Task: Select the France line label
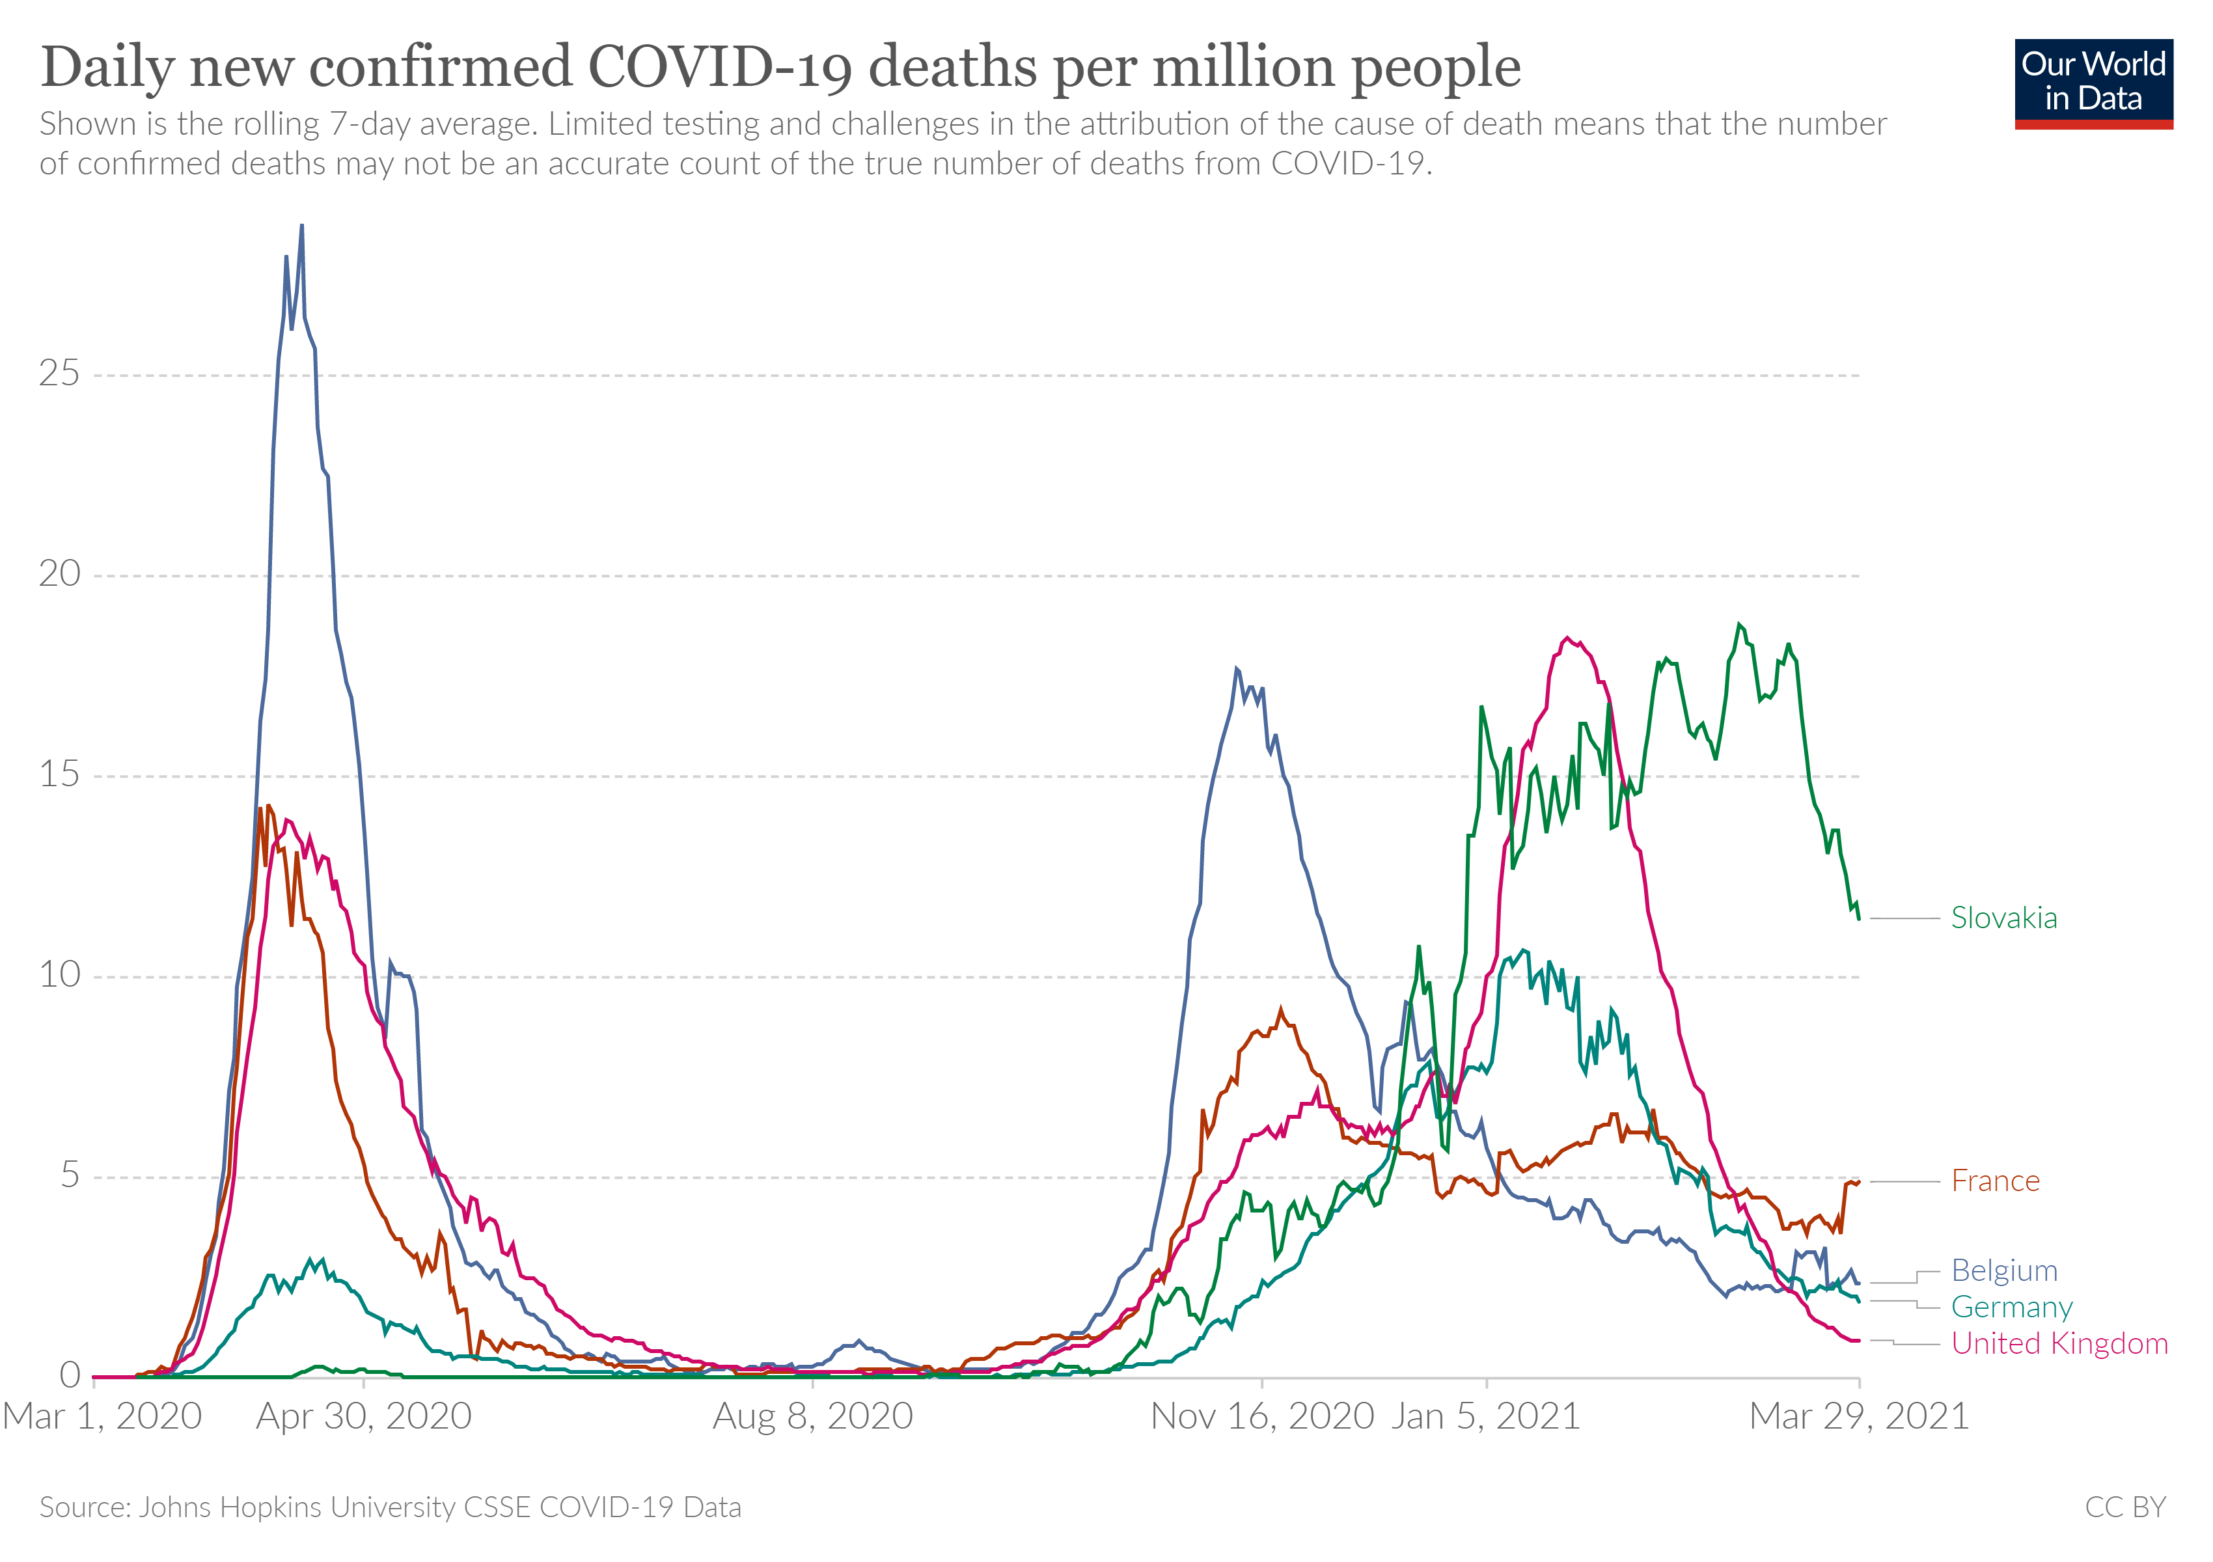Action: point(1994,1181)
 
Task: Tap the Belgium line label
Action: point(2004,1271)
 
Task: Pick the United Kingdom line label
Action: point(2059,1344)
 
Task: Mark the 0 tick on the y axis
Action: point(70,1376)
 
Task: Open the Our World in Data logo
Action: point(2093,83)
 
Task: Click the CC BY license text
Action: point(2124,1508)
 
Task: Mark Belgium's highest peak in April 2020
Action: point(302,226)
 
